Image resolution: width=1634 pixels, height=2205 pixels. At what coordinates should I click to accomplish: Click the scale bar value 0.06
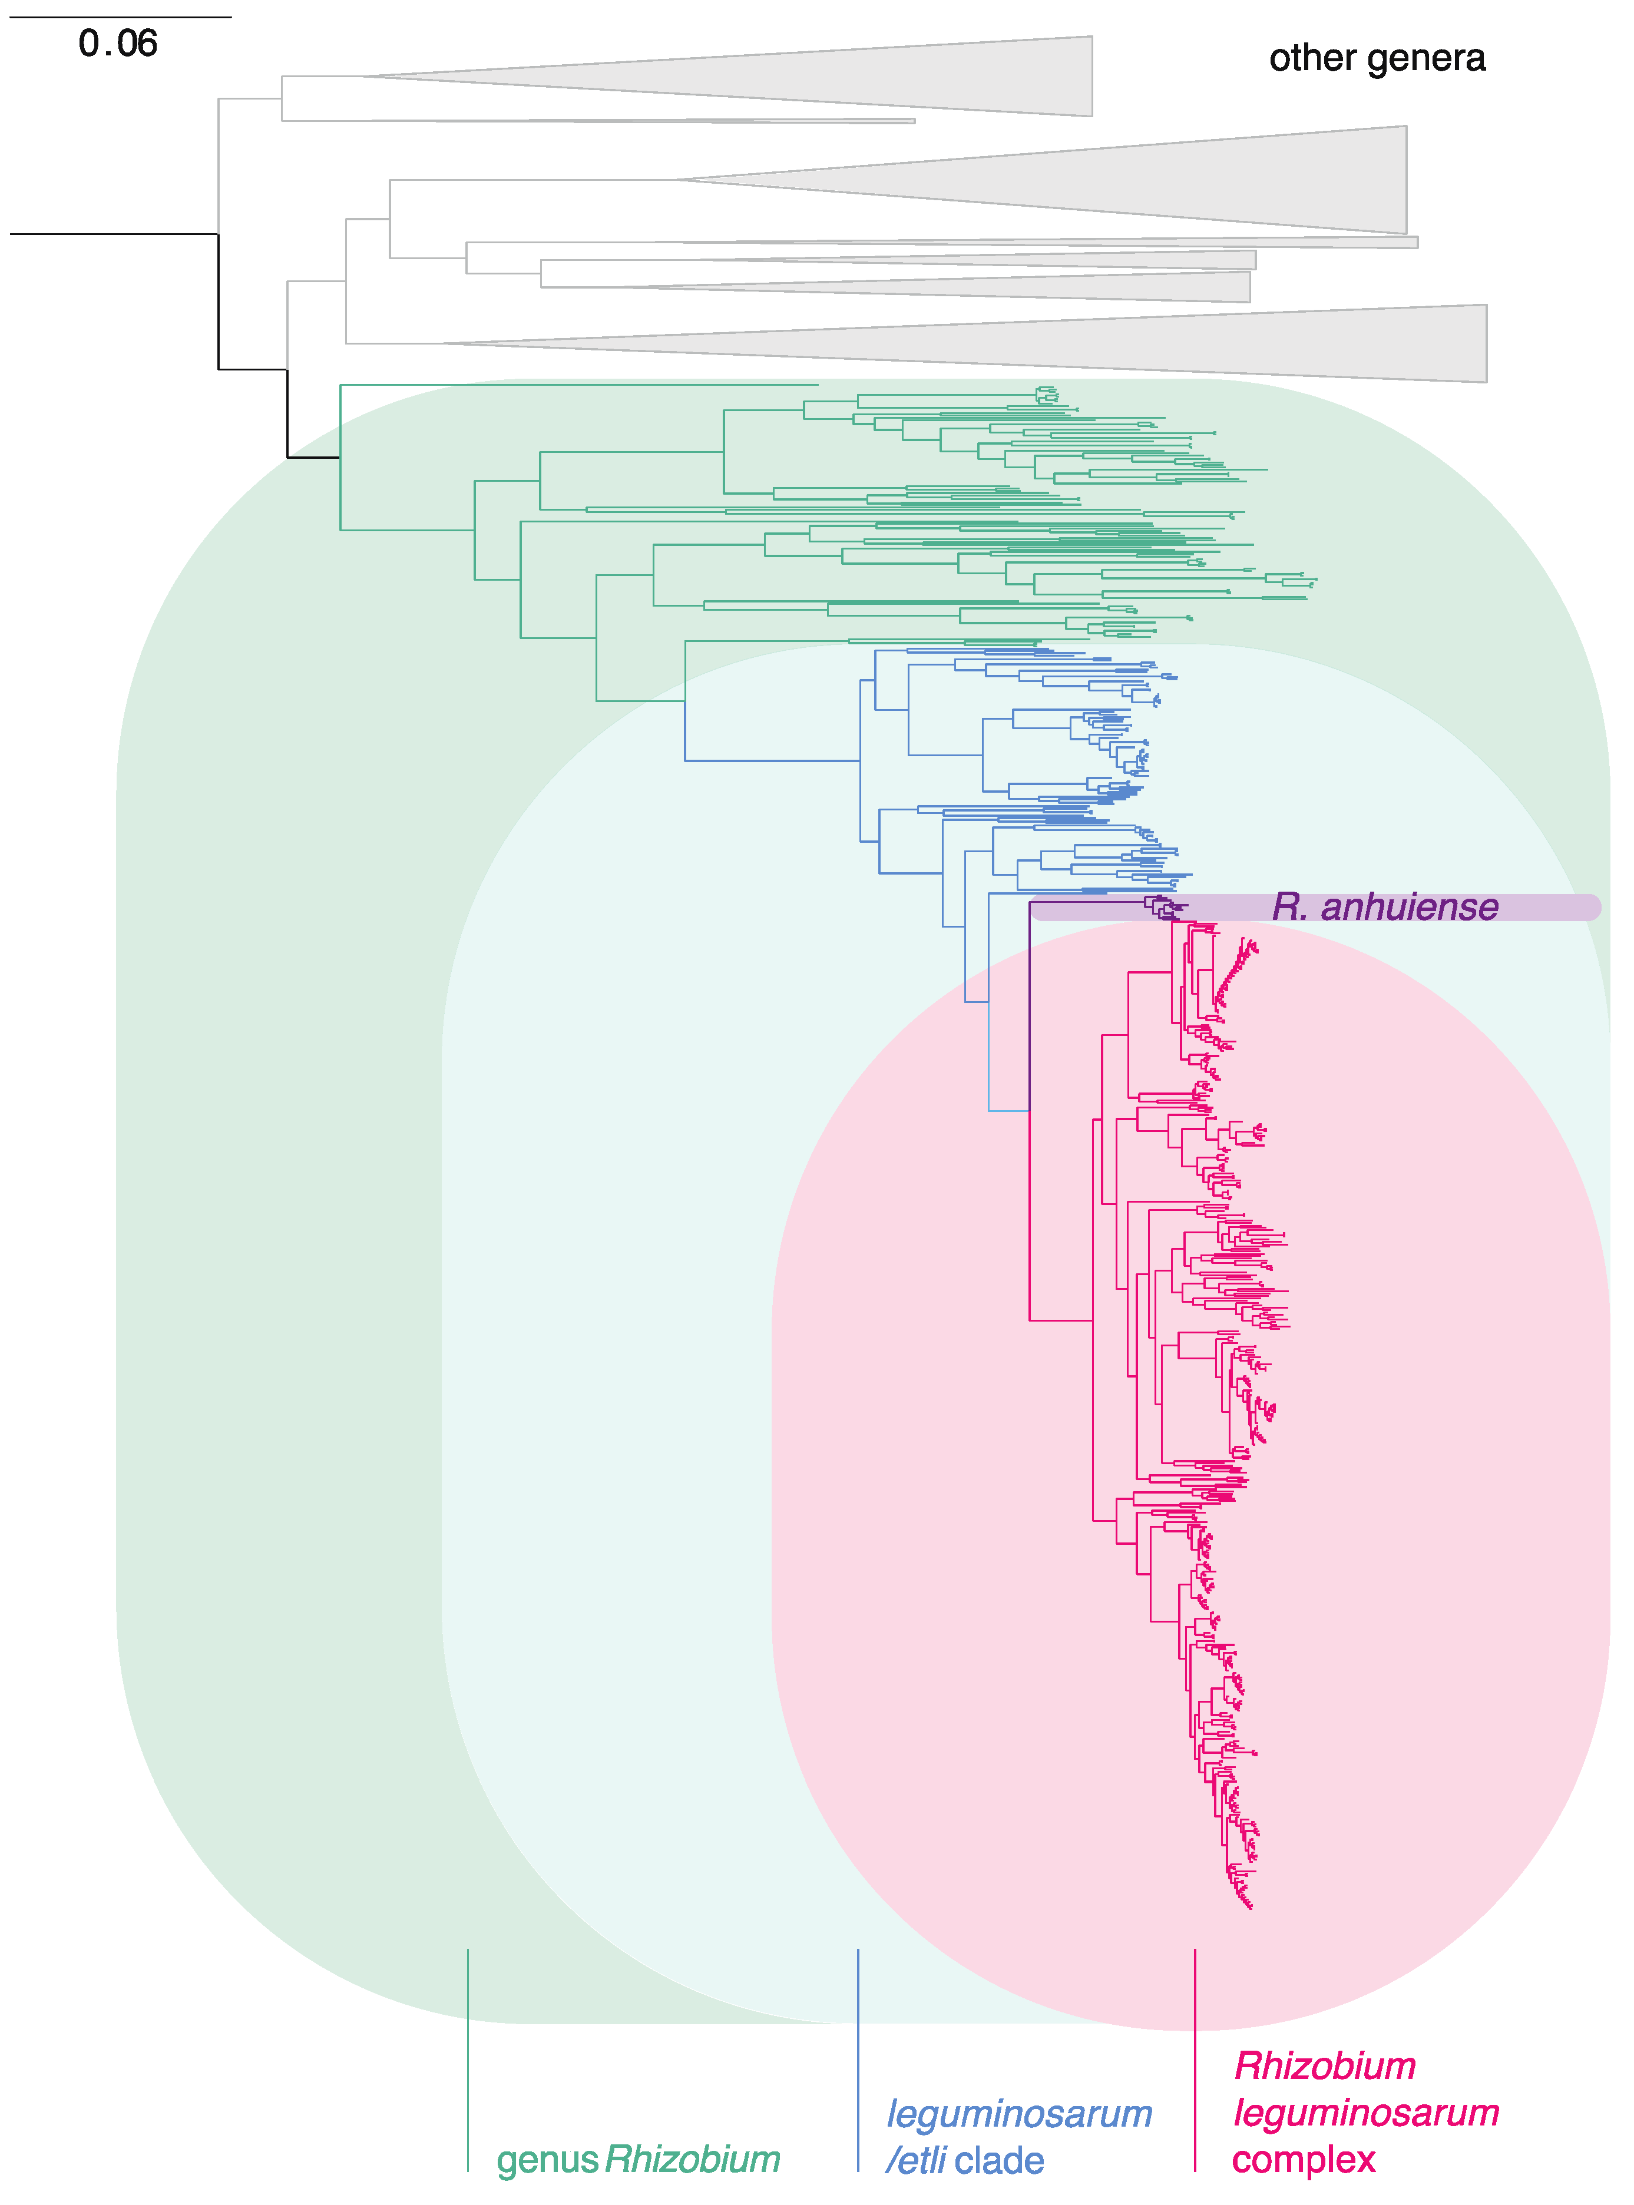[x=118, y=44]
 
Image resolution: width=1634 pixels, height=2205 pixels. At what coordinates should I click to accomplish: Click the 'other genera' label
[x=1376, y=58]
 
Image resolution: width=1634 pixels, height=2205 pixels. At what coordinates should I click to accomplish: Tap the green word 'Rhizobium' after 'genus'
[x=692, y=2160]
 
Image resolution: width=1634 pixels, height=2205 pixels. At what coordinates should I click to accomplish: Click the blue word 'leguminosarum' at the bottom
[x=1019, y=2114]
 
